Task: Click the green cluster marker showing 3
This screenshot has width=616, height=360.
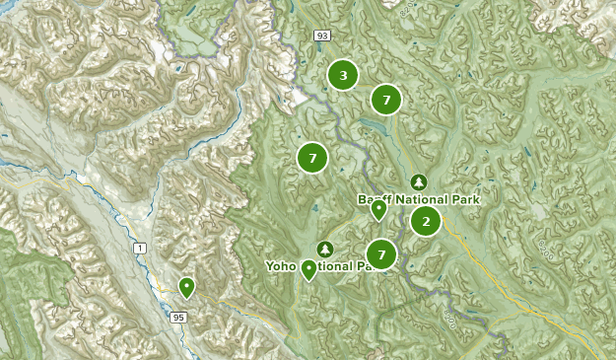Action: click(x=342, y=75)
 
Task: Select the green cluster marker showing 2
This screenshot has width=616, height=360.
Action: click(x=426, y=221)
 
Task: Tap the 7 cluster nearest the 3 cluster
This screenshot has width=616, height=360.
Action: click(x=386, y=100)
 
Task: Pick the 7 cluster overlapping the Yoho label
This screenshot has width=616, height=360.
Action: click(x=380, y=254)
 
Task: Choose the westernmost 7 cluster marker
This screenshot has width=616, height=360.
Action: click(x=312, y=157)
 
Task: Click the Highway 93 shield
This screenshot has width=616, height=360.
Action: click(x=321, y=36)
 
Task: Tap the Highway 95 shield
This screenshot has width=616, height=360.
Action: click(x=177, y=318)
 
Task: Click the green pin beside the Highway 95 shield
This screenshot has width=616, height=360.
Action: click(x=186, y=287)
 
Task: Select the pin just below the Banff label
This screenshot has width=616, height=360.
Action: click(x=378, y=209)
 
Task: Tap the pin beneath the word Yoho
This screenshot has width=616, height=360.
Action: click(x=309, y=268)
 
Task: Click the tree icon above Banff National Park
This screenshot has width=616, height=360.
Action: click(x=419, y=182)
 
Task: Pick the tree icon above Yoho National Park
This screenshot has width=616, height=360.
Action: click(x=325, y=248)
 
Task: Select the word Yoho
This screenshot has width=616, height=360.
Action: click(x=282, y=265)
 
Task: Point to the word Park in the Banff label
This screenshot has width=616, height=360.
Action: click(x=462, y=198)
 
